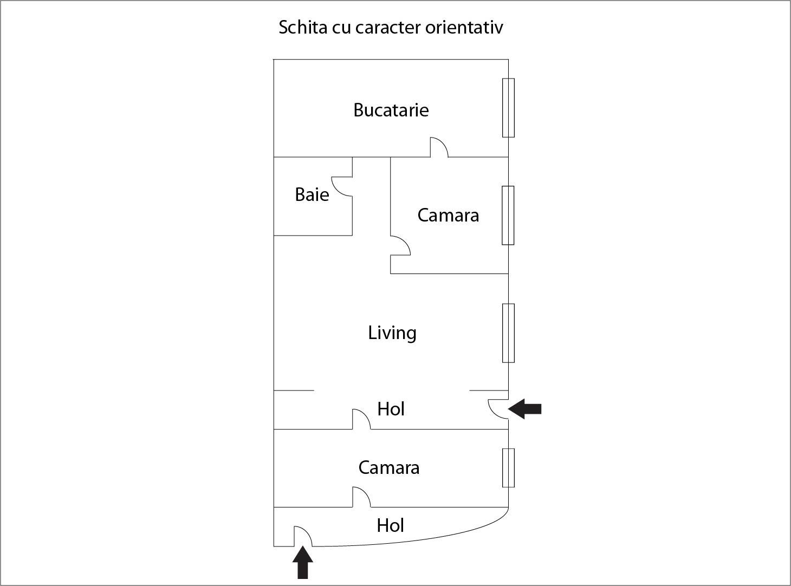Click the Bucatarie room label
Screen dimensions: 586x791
391,110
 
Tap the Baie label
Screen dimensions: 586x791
312,194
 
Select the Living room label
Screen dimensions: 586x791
392,333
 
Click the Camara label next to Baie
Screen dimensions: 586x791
448,215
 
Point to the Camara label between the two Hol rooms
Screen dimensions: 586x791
388,467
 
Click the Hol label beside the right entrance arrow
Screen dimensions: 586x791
391,409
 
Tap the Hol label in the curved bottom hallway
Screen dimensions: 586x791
390,525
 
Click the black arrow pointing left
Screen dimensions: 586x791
525,408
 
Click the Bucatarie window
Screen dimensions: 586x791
508,108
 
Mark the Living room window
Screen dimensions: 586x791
508,333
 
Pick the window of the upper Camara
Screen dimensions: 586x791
508,215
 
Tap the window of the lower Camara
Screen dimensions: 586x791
508,467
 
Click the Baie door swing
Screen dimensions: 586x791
341,187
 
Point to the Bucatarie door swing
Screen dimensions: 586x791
439,147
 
